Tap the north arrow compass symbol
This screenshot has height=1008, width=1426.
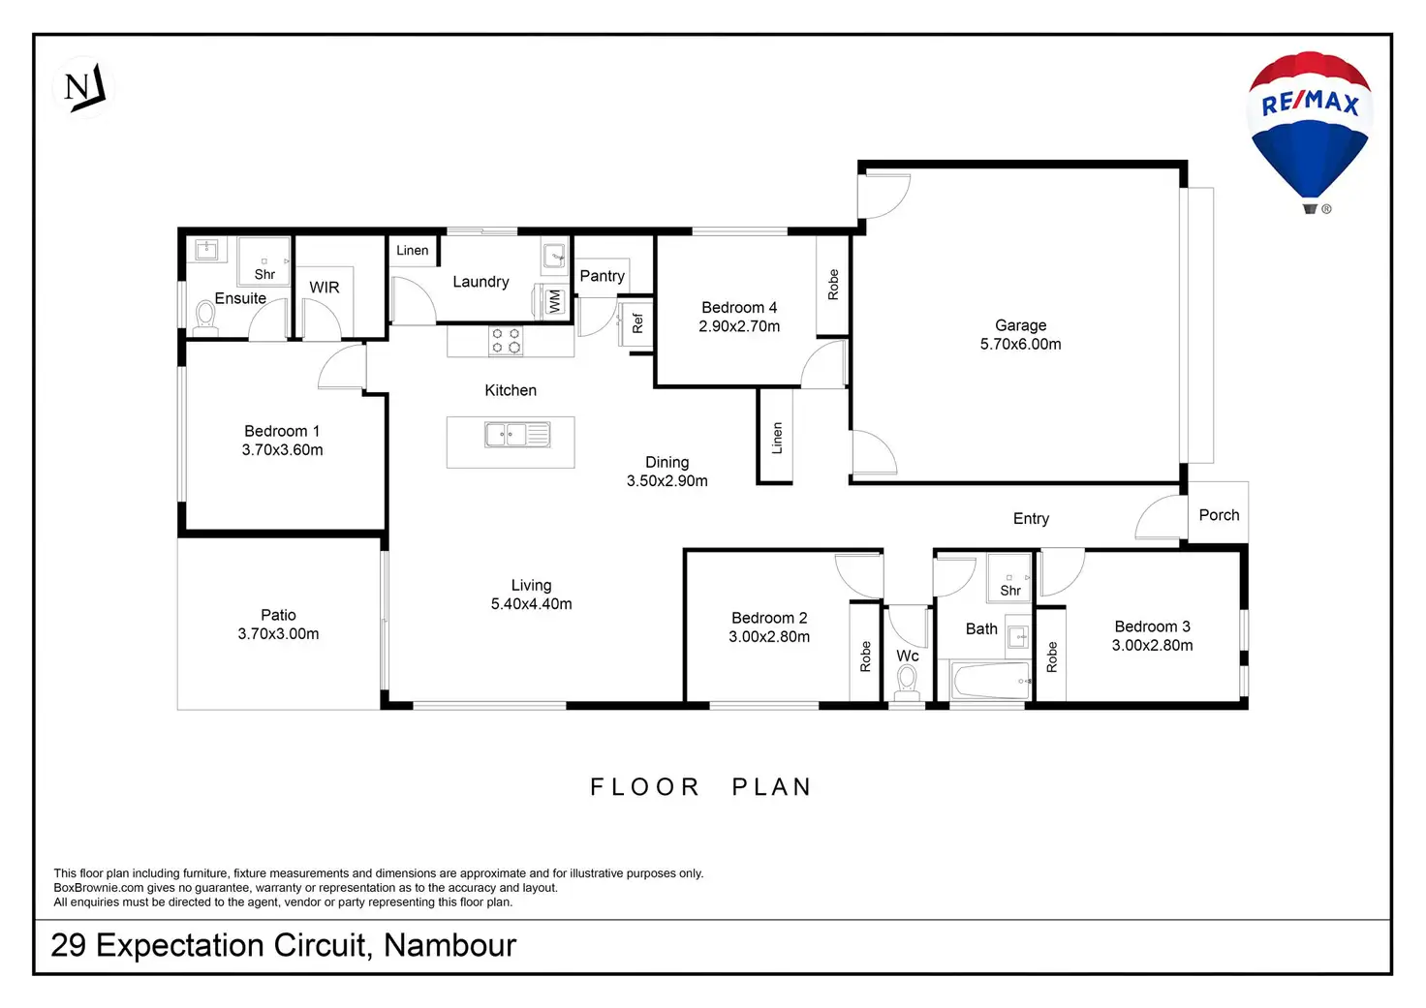84,88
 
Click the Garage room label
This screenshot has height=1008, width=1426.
1020,325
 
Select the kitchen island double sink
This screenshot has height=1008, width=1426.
517,436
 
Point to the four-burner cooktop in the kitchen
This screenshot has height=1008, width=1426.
506,341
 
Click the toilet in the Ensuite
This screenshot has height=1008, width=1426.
205,318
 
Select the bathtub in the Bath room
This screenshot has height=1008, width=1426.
990,682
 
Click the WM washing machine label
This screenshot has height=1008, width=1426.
554,301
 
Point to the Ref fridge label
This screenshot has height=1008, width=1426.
637,323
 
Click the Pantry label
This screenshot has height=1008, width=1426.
602,276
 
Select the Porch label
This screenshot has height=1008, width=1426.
1219,515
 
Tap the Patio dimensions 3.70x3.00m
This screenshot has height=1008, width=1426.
278,634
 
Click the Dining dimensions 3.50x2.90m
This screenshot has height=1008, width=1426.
666,481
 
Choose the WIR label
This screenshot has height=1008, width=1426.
324,288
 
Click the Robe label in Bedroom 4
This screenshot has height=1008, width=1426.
833,285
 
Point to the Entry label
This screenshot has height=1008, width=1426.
1031,519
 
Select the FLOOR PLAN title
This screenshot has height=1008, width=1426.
700,787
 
